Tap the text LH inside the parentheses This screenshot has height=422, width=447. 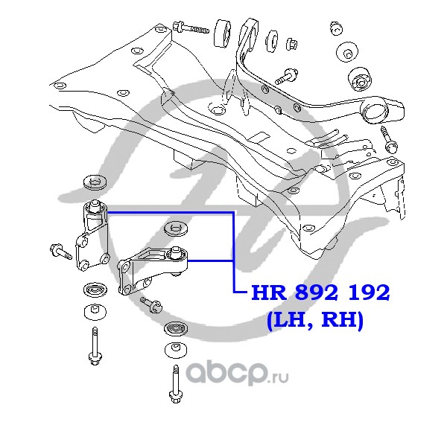click(290, 321)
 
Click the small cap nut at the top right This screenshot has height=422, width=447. click(335, 30)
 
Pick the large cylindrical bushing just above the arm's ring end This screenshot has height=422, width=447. click(359, 81)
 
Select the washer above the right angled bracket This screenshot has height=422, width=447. click(175, 227)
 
